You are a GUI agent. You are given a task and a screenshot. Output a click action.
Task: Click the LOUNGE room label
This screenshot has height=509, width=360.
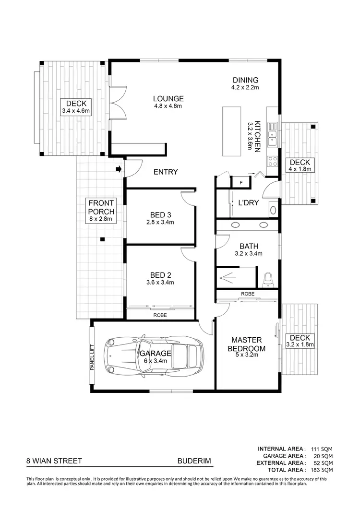(x=168, y=99)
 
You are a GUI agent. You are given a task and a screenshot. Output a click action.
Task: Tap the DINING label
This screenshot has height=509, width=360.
(x=245, y=80)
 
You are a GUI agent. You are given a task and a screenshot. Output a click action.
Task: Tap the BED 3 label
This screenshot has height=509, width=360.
(x=161, y=214)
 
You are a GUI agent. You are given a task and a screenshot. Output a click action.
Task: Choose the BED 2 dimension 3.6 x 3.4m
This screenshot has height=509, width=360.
(x=161, y=283)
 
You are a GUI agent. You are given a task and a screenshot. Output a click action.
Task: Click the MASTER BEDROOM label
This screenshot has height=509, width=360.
(x=246, y=343)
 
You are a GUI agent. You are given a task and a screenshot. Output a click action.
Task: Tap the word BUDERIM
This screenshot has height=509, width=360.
(x=194, y=462)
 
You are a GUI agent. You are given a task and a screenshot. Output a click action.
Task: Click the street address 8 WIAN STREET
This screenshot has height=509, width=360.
(x=54, y=462)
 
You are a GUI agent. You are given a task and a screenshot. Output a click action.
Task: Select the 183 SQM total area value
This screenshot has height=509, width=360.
(x=322, y=470)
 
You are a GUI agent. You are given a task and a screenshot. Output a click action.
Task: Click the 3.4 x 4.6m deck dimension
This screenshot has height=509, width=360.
(x=76, y=111)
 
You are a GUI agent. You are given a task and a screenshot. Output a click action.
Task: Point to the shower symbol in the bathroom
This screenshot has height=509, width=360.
(x=226, y=276)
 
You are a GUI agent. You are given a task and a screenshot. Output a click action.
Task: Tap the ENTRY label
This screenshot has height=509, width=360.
(x=166, y=172)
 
